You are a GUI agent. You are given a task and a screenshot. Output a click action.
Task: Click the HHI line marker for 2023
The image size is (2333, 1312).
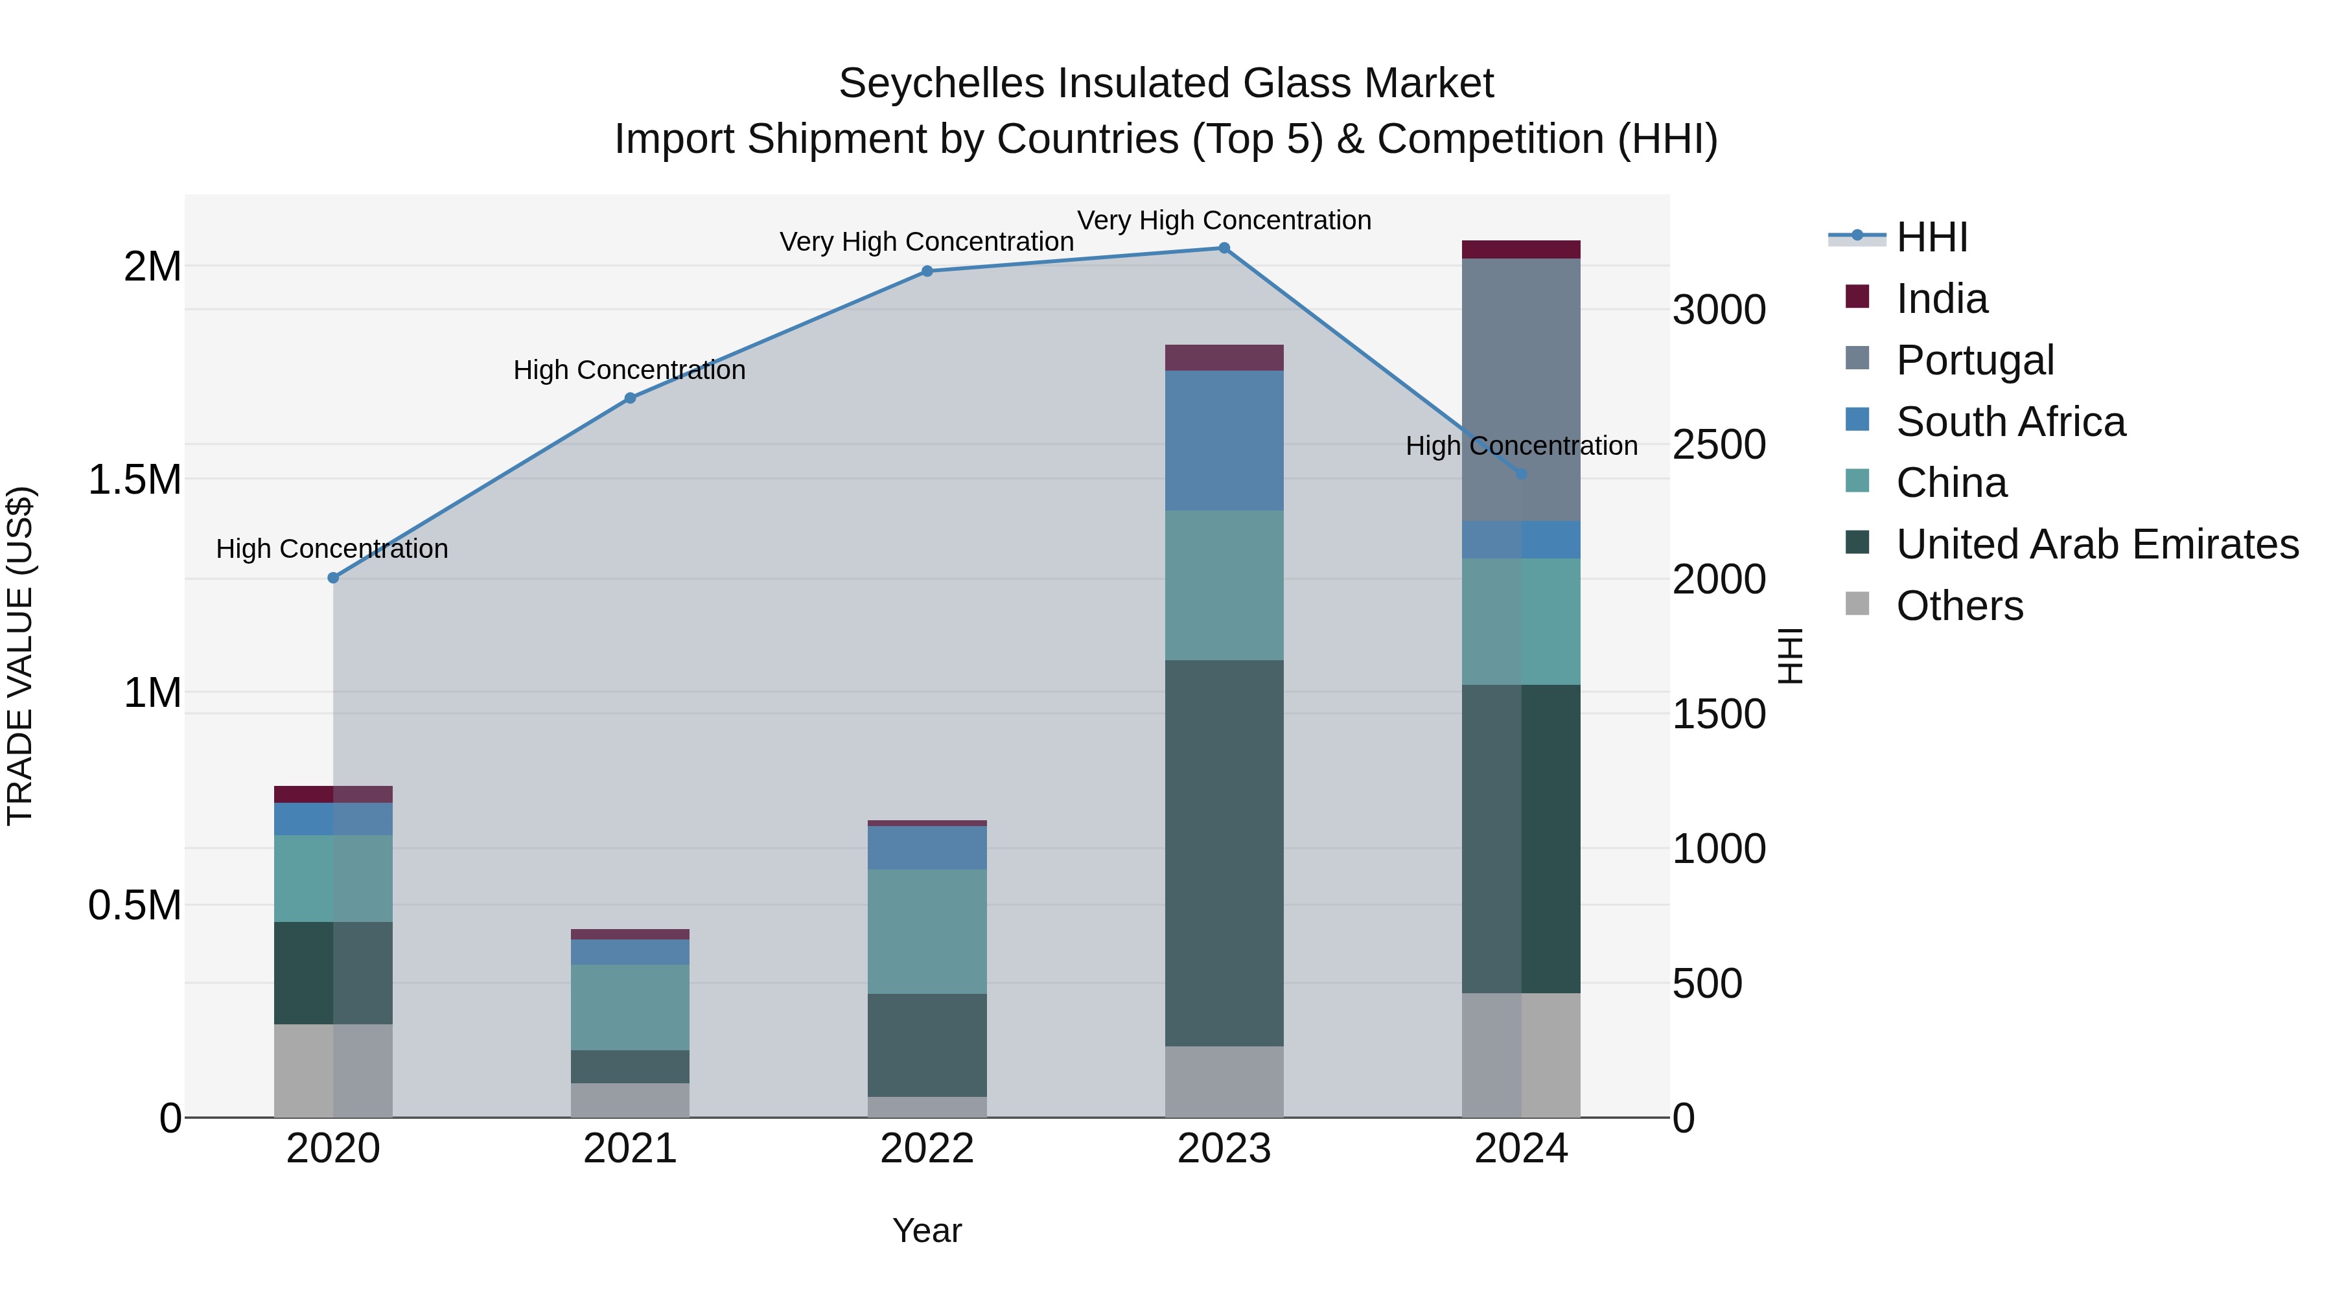pos(1224,248)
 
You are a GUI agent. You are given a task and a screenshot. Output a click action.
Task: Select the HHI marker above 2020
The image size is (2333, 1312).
pos(333,578)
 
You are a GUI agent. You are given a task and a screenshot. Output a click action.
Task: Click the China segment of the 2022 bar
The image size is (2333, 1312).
pos(927,931)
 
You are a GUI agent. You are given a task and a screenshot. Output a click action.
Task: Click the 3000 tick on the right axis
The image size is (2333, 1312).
pos(1718,310)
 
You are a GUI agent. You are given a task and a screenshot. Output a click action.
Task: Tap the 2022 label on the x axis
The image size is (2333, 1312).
pos(927,1149)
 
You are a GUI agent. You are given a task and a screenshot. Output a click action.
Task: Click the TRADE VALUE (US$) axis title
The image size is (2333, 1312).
pos(20,656)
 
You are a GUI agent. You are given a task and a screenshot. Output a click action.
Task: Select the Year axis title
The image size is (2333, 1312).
pos(927,1230)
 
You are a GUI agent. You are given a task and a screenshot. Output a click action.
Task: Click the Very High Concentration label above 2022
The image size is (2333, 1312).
pos(927,242)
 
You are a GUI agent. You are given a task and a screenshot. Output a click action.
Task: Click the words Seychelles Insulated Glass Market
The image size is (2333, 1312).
pos(1166,84)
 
